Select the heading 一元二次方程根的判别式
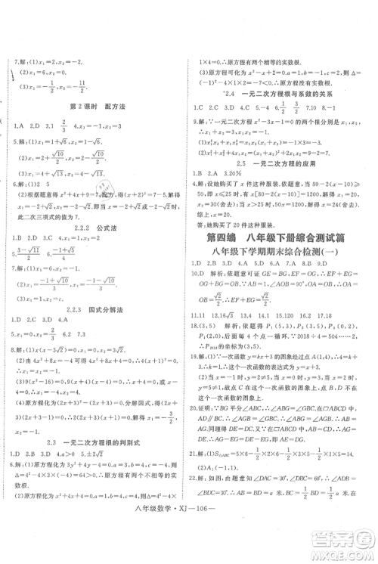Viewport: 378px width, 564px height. tap(114, 441)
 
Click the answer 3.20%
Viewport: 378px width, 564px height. tap(235, 173)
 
